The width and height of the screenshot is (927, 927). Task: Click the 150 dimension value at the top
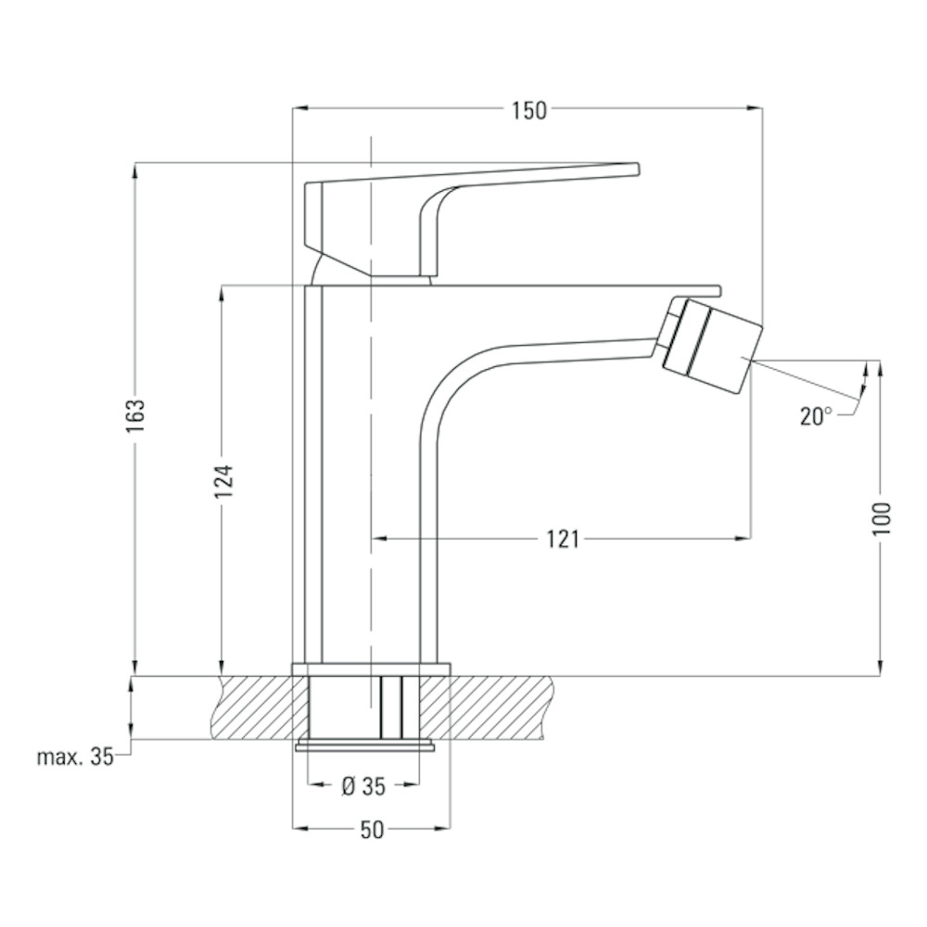[529, 110]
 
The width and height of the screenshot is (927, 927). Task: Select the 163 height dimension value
[135, 415]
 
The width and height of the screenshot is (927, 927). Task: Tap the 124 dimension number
[224, 481]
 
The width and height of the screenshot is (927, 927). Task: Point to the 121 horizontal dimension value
[563, 539]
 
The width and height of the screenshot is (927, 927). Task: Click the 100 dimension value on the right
[881, 518]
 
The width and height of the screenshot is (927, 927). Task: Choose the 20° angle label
[816, 416]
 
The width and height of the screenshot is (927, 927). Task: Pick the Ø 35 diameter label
[363, 786]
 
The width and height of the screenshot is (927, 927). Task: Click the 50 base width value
[372, 830]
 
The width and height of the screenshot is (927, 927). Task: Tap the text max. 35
[74, 756]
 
